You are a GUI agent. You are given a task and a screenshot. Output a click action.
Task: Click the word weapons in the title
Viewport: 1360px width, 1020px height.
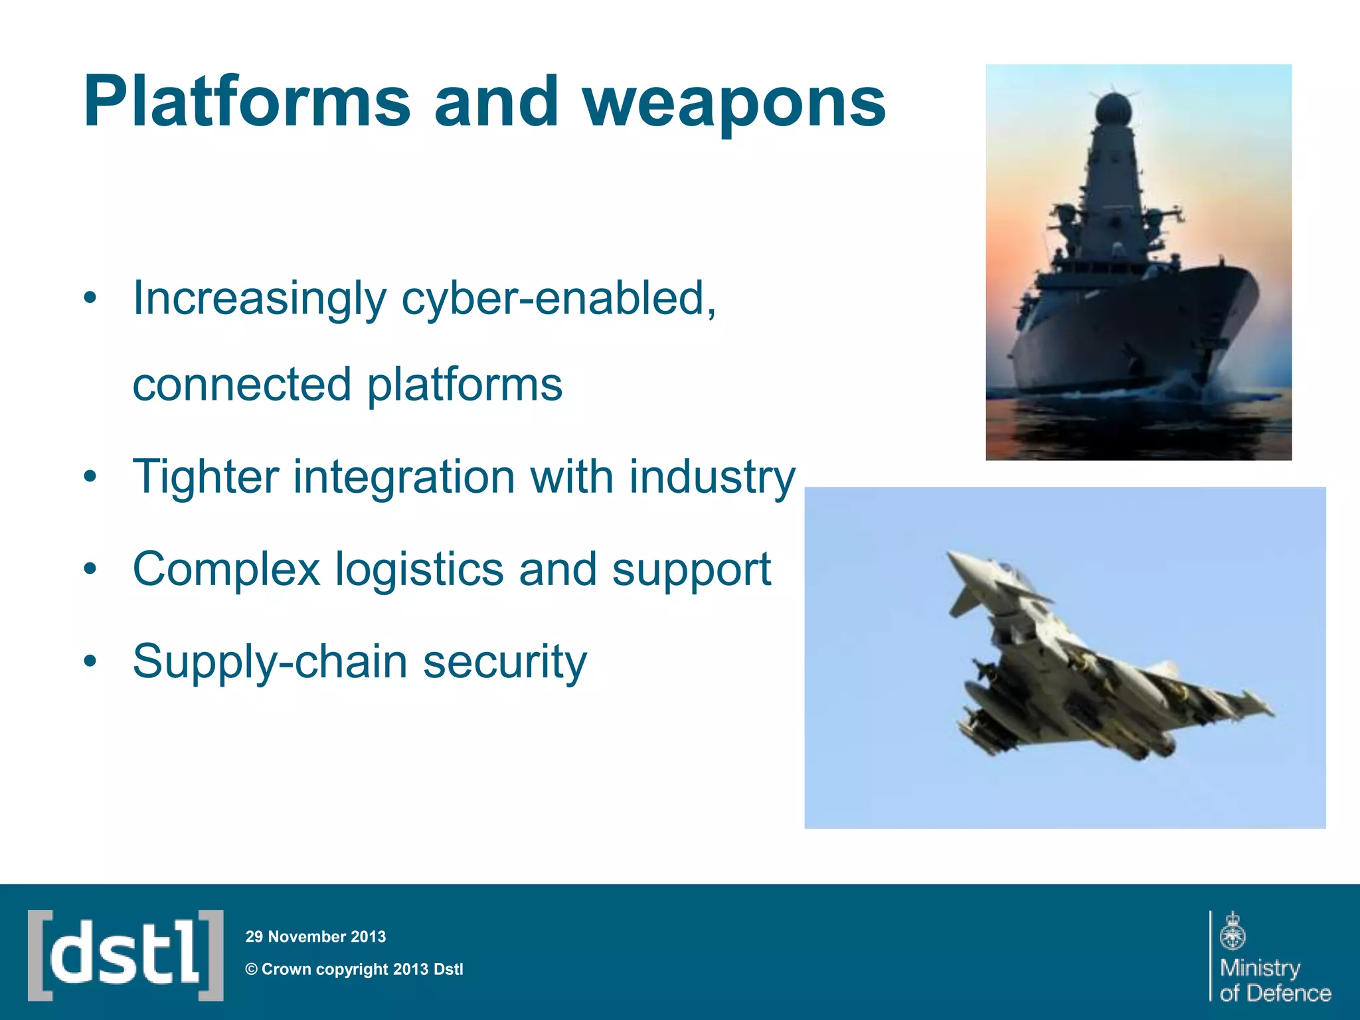(x=734, y=103)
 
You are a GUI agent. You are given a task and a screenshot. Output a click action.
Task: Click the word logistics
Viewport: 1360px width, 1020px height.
(x=419, y=570)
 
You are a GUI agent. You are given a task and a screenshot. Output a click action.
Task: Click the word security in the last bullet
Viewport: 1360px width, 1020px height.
(x=505, y=662)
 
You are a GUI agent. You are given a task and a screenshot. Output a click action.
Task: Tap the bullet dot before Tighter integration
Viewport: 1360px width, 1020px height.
(x=90, y=477)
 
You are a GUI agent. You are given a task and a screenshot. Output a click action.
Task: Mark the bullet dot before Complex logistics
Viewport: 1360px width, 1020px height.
(x=90, y=570)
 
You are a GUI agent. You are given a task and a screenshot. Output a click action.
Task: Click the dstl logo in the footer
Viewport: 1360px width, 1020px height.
(x=126, y=955)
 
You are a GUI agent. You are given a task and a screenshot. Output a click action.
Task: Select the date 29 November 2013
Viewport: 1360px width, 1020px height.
(x=315, y=937)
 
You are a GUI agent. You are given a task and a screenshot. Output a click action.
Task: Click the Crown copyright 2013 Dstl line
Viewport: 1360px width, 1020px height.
(x=355, y=970)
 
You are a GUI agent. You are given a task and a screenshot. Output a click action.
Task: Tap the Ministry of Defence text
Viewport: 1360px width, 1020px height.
(x=1274, y=980)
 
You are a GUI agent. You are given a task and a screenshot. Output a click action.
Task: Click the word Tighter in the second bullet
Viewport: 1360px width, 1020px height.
(x=205, y=477)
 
